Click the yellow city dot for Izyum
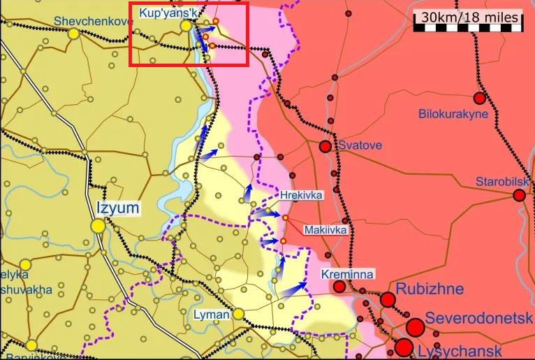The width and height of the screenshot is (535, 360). (98, 226)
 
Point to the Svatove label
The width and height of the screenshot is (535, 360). (360, 146)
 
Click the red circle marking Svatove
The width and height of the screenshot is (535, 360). (325, 147)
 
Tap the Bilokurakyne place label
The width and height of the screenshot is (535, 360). (453, 114)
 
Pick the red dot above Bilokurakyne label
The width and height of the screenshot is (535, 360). (479, 99)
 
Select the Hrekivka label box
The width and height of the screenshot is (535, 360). (301, 195)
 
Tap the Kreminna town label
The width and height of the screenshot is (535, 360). (348, 274)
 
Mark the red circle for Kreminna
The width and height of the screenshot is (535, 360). (339, 287)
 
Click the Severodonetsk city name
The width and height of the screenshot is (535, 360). (479, 317)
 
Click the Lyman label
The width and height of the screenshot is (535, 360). (212, 315)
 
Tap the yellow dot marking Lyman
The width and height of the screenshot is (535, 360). (238, 315)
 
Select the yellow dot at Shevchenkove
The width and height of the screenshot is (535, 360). (73, 32)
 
